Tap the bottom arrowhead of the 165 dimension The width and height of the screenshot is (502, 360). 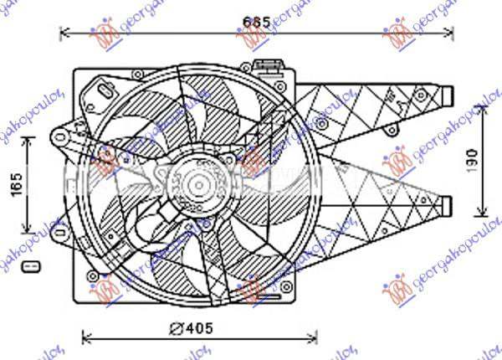pyautogui.click(x=31, y=231)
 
